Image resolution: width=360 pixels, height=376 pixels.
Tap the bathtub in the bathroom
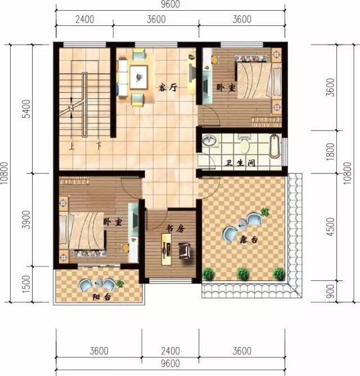click(273, 146)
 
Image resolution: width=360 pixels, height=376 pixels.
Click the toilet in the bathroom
click(244, 145)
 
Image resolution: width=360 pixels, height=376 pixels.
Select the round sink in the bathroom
click(209, 141)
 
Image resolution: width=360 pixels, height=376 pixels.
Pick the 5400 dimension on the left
click(25, 110)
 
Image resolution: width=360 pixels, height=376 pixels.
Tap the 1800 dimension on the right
click(331, 151)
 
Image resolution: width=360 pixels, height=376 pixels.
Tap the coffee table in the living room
click(137, 75)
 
